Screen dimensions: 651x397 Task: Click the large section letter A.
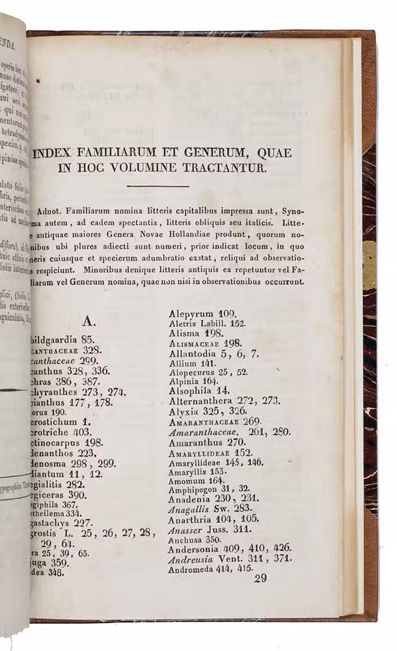click(90, 321)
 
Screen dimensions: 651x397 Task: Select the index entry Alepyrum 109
click(202, 313)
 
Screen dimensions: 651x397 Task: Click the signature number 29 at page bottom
click(261, 579)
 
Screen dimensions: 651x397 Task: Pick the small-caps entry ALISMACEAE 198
click(205, 342)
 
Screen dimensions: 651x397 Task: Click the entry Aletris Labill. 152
click(206, 323)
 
